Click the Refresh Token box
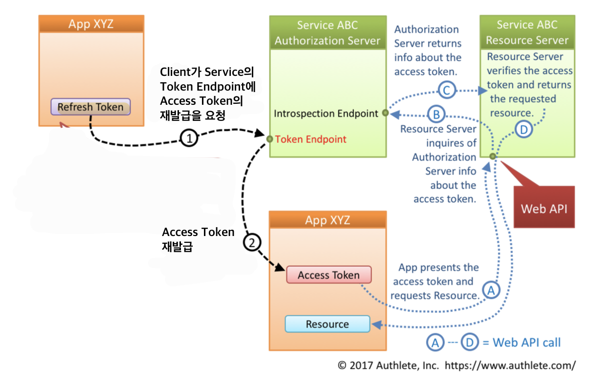click(90, 107)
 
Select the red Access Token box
click(329, 275)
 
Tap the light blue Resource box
click(327, 324)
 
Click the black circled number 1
click(189, 138)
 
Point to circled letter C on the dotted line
click(446, 90)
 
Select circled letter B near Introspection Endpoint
click(437, 115)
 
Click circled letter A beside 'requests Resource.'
click(491, 290)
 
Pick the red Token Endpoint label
click(311, 139)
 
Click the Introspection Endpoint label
click(326, 114)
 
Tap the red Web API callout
click(544, 209)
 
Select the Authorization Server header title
click(327, 33)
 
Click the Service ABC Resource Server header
click(527, 32)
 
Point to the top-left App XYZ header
click(91, 24)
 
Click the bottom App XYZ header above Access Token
click(327, 220)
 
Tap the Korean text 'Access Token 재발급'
click(198, 239)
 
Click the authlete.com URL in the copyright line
click(510, 365)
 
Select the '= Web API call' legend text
click(522, 342)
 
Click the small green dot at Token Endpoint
click(269, 139)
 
